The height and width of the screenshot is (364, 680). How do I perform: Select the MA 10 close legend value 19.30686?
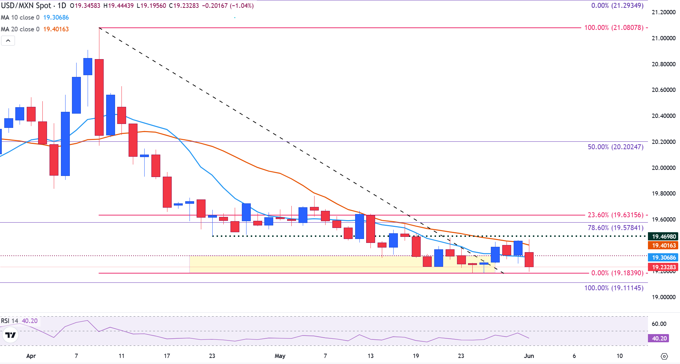point(56,17)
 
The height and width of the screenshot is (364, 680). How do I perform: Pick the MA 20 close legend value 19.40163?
point(56,29)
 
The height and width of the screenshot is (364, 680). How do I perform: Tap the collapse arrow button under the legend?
point(8,41)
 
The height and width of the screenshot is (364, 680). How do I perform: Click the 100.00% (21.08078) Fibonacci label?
point(614,27)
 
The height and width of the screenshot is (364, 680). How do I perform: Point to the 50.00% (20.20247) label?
point(615,147)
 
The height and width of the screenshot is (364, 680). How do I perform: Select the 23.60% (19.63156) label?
point(615,215)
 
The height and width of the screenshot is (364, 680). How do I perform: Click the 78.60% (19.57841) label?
point(615,228)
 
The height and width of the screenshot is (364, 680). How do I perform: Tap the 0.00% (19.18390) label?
point(617,273)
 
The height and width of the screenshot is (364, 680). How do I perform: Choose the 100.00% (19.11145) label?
point(614,288)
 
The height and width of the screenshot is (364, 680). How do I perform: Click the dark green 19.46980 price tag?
point(664,236)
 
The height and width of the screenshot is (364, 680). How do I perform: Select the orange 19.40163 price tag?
point(664,245)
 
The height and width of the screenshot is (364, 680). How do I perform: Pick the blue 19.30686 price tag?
point(664,258)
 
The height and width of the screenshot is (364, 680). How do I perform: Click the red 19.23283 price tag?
point(664,267)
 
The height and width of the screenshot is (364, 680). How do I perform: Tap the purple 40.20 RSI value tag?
point(659,338)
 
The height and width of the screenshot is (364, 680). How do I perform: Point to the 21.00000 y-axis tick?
point(663,38)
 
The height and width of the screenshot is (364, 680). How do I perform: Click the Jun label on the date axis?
point(529,356)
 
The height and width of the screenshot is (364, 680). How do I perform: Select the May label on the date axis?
point(280,356)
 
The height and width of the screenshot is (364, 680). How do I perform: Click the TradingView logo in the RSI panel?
point(11,335)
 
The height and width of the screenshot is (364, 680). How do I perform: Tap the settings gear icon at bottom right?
point(664,356)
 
